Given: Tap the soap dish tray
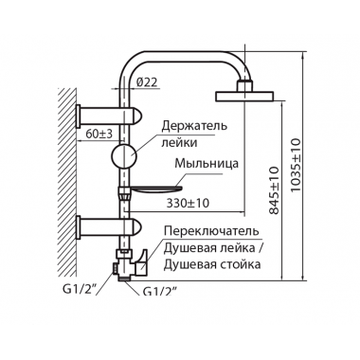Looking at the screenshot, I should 156,187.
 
